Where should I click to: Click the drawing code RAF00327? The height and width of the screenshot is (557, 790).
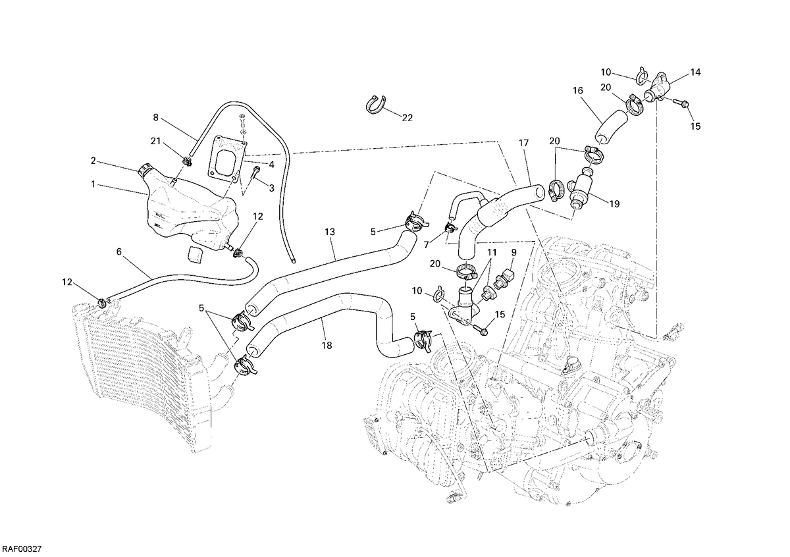[x=22, y=549]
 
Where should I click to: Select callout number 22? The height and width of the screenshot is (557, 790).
[x=407, y=118]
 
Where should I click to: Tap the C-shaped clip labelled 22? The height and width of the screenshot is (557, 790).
[x=375, y=105]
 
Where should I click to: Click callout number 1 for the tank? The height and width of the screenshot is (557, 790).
[x=93, y=184]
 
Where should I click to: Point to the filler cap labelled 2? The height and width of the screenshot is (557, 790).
[x=145, y=170]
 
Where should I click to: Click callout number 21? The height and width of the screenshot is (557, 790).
[x=155, y=141]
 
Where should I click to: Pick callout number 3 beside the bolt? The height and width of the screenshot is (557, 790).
[x=271, y=188]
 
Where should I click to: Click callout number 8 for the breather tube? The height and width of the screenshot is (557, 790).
[x=155, y=117]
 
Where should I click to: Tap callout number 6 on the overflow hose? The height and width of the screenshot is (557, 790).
[x=119, y=252]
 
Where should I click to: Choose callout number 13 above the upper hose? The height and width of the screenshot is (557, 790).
[x=330, y=232]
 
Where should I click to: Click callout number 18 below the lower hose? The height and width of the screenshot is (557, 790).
[x=327, y=346]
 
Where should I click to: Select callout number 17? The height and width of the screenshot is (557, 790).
[x=524, y=143]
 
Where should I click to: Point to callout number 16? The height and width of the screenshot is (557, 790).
[x=578, y=91]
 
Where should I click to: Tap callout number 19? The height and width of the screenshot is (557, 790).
[x=614, y=204]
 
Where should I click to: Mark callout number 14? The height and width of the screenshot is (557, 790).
[x=695, y=72]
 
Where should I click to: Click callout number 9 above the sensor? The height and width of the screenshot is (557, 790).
[x=514, y=252]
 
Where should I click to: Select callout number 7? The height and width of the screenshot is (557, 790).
[x=426, y=245]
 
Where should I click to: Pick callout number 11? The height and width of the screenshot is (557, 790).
[x=492, y=253]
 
